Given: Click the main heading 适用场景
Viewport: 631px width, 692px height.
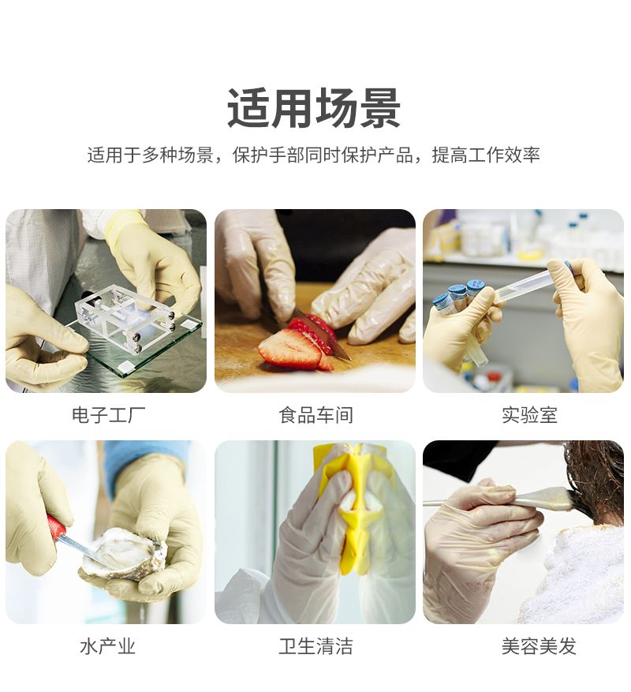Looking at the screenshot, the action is (x=314, y=108).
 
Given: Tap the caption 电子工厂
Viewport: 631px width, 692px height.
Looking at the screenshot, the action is (x=109, y=415).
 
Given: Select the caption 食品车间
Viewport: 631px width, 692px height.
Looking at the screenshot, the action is (x=315, y=415).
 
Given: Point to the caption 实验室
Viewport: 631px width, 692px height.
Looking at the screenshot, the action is (x=529, y=415).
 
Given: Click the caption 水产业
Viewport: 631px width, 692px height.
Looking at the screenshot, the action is (x=108, y=646).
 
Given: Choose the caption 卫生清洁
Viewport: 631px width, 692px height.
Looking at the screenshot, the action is (x=315, y=646).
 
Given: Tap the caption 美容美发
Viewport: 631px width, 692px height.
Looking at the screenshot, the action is (x=539, y=646).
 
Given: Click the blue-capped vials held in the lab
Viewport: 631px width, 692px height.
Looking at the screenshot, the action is (x=459, y=297).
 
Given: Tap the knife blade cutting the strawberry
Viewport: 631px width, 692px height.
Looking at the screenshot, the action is (x=318, y=331).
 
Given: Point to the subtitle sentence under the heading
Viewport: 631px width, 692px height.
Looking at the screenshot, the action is (x=314, y=155).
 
